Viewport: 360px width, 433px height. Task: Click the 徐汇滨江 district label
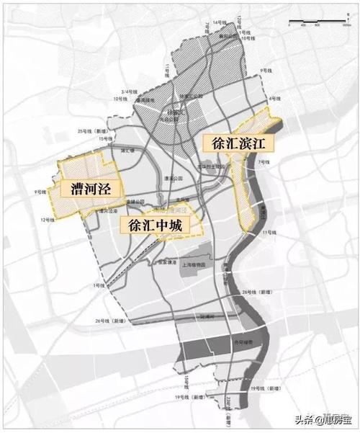pyautogui.click(x=235, y=143)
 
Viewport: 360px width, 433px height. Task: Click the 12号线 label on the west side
pyautogui.click(x=48, y=218)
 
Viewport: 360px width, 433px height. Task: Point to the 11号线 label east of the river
pyautogui.click(x=269, y=233)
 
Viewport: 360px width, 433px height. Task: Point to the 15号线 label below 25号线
pyautogui.click(x=106, y=138)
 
